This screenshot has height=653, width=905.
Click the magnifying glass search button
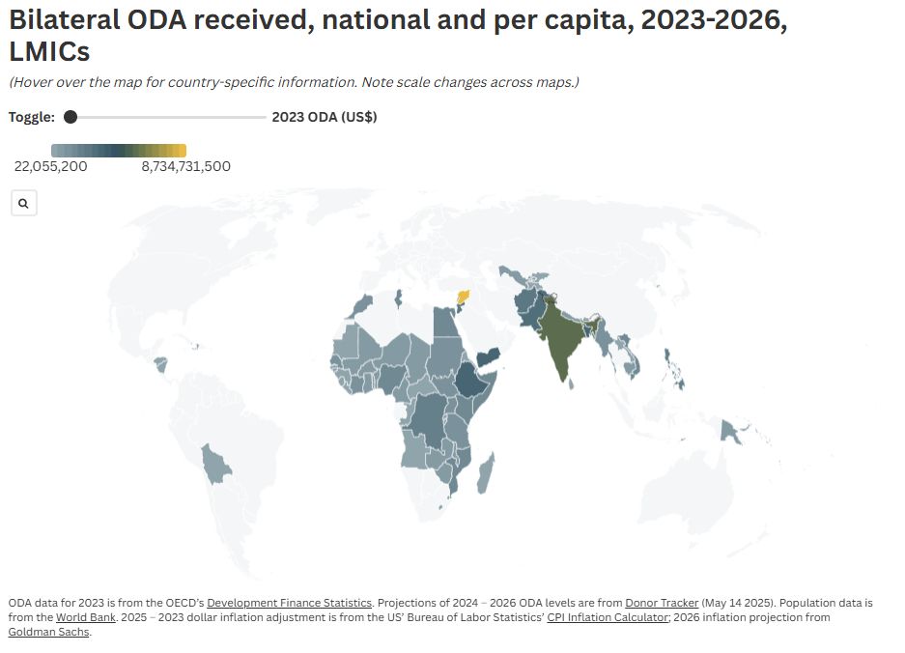coord(23,204)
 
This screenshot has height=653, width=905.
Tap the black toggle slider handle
coord(71,117)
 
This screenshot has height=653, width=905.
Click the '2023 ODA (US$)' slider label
coord(325,117)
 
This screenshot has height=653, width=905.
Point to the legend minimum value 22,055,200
coord(50,166)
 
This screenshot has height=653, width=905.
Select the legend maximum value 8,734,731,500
coord(185,166)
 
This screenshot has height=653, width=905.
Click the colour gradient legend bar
coord(118,150)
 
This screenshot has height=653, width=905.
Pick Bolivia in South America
coord(217,465)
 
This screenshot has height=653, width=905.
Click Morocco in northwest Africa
coord(362,306)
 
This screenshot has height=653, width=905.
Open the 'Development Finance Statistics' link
coord(289,603)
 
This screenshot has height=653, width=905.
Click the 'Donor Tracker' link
coord(662,603)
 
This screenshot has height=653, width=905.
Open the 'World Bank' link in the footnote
coord(87,617)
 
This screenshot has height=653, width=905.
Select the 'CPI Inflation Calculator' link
coord(608,617)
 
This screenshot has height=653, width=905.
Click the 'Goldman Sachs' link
coord(48,632)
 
